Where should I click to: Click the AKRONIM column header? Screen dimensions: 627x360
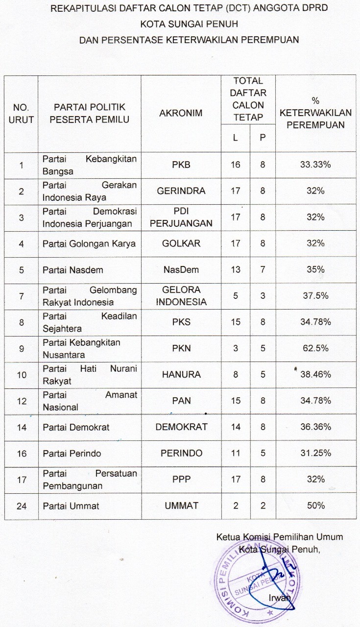[181, 113]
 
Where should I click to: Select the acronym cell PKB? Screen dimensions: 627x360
[181, 165]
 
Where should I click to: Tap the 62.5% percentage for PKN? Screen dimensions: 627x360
[315, 348]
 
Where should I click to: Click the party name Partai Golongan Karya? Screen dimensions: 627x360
[89, 243]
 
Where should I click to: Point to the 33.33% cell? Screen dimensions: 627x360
[315, 165]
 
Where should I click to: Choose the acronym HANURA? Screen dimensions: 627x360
[181, 375]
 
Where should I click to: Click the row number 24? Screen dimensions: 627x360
[22, 506]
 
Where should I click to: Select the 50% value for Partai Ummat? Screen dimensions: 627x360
[315, 506]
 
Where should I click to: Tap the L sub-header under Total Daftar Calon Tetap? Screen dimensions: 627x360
[236, 138]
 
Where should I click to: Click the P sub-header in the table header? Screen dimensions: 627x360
[263, 138]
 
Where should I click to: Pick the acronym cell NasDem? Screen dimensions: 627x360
[181, 269]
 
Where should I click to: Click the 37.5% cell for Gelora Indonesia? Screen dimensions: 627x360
[315, 296]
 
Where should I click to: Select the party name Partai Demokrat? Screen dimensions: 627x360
[76, 427]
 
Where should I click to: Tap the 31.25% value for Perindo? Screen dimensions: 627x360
[315, 453]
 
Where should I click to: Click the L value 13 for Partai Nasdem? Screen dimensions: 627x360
[236, 269]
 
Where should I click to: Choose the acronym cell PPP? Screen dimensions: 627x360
[181, 479]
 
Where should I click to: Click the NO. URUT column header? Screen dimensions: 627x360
[22, 113]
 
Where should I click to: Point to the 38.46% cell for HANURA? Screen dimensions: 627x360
[315, 375]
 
